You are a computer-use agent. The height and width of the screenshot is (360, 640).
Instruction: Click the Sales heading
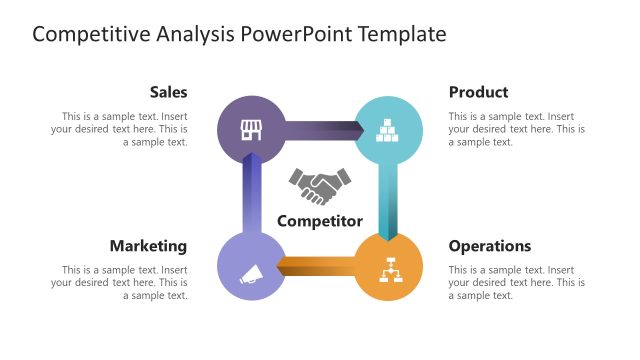coord(168,92)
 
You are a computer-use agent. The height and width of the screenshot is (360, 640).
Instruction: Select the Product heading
coord(478,92)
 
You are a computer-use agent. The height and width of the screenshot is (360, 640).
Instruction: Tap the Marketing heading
coord(148,246)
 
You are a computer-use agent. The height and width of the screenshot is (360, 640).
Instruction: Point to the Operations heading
coord(490,246)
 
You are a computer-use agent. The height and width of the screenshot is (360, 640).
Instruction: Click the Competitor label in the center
coord(320,221)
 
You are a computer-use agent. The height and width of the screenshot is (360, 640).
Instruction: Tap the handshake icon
coord(320,186)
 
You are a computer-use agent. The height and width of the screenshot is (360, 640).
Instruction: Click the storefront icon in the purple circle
coord(250,129)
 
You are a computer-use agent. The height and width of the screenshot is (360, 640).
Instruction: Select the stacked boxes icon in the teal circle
coord(389,129)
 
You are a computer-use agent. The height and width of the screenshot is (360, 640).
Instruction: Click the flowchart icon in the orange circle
coord(389,269)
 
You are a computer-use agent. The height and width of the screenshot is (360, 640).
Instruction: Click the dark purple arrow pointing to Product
coord(320,127)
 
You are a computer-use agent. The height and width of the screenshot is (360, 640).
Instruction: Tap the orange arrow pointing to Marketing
coord(318,265)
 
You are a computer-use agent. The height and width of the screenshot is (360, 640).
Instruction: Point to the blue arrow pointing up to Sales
coord(251,198)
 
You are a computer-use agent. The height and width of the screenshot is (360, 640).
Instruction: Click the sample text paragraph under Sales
coord(120,129)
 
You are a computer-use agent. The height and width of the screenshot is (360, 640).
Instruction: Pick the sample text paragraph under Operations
coord(516,283)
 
